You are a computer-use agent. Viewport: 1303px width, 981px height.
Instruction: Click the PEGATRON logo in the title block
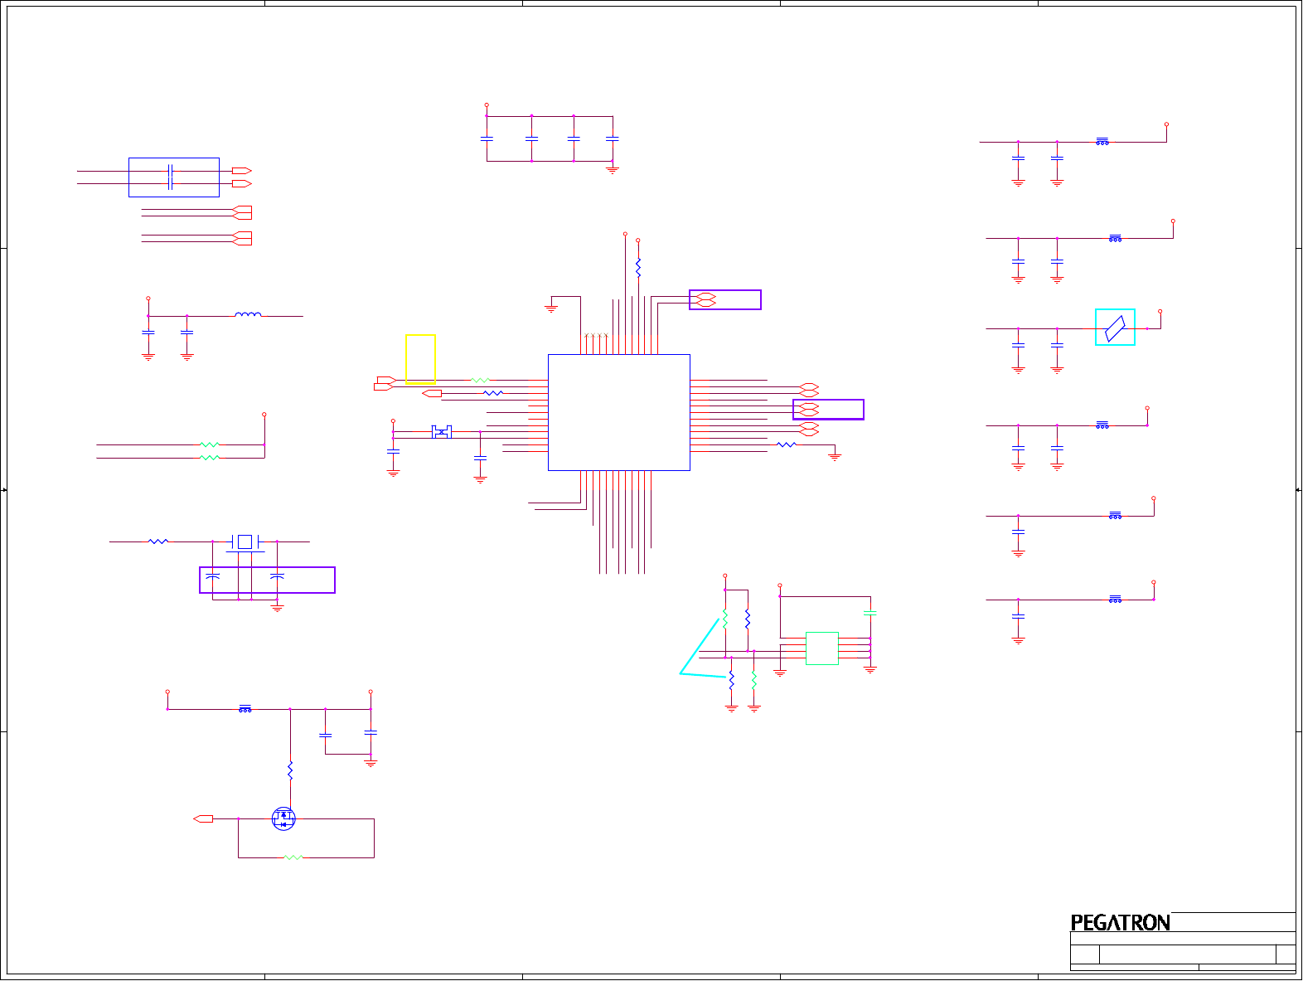click(1120, 922)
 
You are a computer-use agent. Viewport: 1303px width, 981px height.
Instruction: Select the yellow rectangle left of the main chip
click(420, 358)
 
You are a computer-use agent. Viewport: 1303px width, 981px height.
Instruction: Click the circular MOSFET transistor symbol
click(283, 819)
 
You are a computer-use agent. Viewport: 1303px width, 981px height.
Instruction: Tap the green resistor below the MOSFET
click(293, 857)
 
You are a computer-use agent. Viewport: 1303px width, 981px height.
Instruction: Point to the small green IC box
click(821, 648)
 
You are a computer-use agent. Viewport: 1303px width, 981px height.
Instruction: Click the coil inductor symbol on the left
click(248, 315)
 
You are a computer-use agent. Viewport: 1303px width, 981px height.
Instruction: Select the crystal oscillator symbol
click(244, 541)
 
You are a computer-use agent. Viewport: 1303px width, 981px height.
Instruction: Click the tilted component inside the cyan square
click(1115, 328)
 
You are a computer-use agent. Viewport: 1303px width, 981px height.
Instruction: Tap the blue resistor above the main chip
click(638, 267)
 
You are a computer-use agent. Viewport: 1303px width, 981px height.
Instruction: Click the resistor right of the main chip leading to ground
click(786, 445)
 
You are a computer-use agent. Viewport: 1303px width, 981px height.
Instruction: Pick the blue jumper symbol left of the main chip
click(442, 432)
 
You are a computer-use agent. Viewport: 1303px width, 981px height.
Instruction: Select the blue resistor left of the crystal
click(158, 541)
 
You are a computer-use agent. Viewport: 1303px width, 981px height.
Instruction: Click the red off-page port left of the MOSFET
click(203, 819)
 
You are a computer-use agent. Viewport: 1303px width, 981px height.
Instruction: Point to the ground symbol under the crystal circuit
click(277, 608)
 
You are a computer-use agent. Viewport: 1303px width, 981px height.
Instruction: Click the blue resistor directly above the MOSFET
click(290, 770)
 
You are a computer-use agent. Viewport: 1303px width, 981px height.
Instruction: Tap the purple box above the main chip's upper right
click(724, 299)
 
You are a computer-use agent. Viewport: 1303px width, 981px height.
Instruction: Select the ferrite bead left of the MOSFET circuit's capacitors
click(245, 709)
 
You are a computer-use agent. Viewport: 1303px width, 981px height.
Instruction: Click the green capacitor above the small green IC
click(869, 613)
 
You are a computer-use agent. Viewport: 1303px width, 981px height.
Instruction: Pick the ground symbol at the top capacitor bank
click(613, 170)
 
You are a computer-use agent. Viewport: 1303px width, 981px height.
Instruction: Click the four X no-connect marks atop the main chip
click(597, 336)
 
